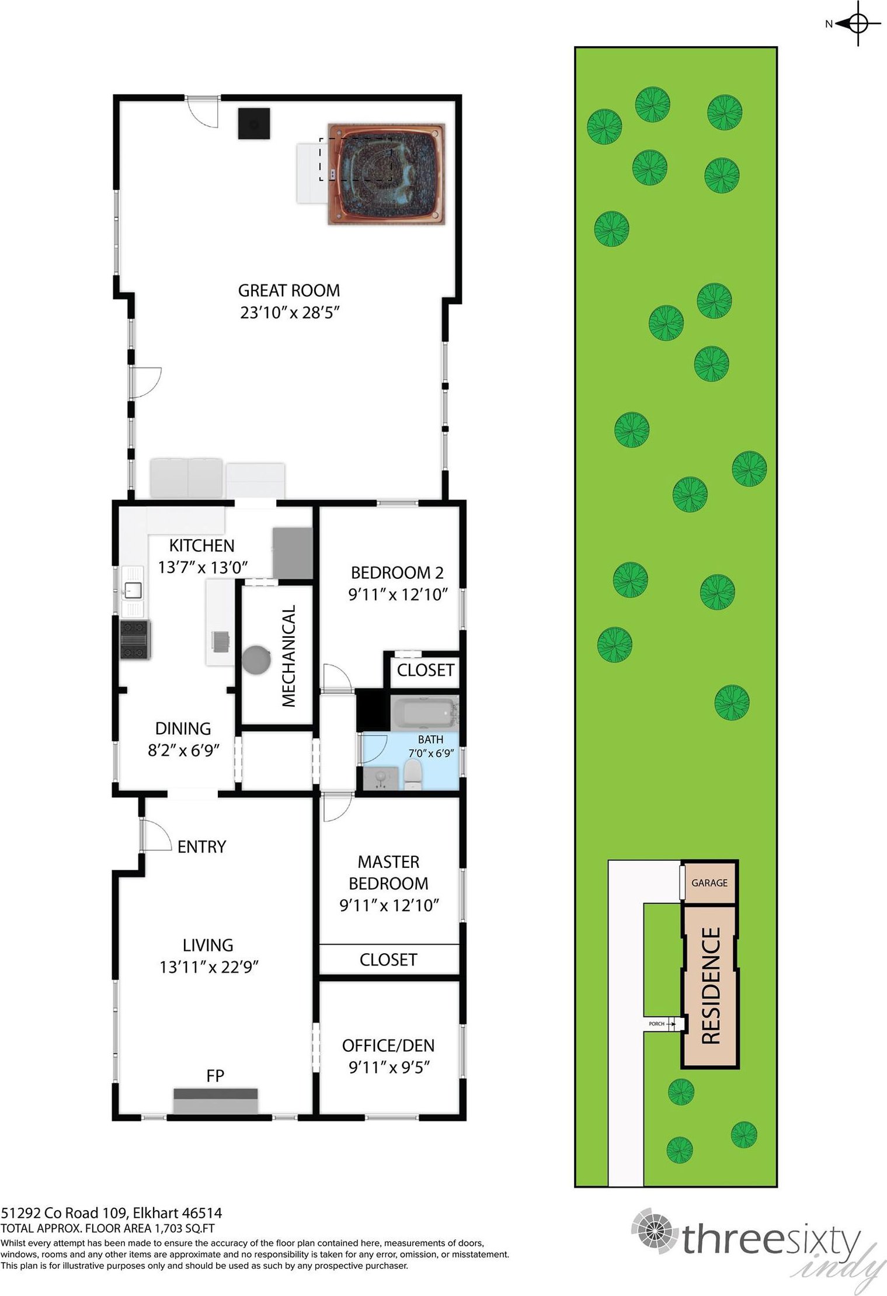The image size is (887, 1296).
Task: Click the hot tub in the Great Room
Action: coord(386,173)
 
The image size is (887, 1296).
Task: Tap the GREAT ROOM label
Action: coord(289,291)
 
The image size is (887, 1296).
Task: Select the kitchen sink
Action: coord(132,590)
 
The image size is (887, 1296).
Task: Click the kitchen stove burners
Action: coord(135,640)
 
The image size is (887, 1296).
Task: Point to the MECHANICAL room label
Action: coord(289,656)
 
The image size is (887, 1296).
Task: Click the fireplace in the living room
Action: coord(215,1100)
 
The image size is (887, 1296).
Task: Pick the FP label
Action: coord(215,1075)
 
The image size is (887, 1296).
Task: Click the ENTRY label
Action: coord(201,847)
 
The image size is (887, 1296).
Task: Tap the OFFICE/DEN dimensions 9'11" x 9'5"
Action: coord(389,1067)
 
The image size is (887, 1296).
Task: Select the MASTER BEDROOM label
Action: coord(388,873)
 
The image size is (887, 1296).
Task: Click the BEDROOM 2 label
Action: coord(397,572)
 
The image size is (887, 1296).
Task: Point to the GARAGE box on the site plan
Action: coord(709,882)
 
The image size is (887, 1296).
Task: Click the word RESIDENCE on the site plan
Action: coord(711,985)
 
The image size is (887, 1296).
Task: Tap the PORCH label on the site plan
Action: coord(656,1024)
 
